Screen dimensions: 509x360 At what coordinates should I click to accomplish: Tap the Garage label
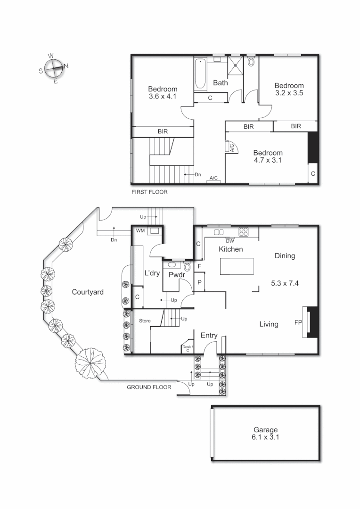tap(265, 430)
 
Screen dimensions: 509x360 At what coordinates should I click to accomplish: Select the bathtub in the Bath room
tap(200, 74)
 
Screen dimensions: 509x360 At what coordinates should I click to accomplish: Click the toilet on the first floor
tap(251, 62)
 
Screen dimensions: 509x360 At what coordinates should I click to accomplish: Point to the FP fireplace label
tap(298, 323)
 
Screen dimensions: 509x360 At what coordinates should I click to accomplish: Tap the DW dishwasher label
tap(230, 241)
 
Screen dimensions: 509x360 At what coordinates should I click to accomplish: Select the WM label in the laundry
tap(140, 231)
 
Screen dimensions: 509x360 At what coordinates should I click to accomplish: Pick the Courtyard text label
tap(88, 292)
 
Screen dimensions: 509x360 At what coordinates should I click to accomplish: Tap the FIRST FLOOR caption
tap(149, 192)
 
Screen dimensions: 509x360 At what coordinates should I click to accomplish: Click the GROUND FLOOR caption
tap(149, 387)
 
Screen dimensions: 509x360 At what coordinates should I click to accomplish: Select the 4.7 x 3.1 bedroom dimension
tap(268, 160)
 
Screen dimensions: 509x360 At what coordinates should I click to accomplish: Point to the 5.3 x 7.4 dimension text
tap(285, 283)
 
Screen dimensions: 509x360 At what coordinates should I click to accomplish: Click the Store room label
tap(145, 321)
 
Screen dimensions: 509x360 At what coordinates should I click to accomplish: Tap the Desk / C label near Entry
tap(187, 349)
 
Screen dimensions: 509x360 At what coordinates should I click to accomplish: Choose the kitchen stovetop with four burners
tap(244, 231)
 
